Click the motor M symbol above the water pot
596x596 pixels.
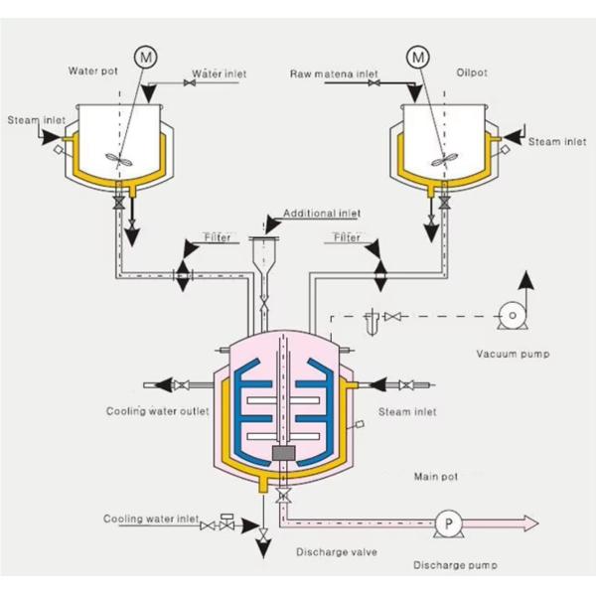pos(146,57)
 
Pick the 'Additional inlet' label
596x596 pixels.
pos(322,214)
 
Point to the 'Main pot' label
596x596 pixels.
pos(436,477)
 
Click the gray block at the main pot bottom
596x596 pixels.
pos(286,453)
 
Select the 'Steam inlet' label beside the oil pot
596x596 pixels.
pos(556,142)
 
